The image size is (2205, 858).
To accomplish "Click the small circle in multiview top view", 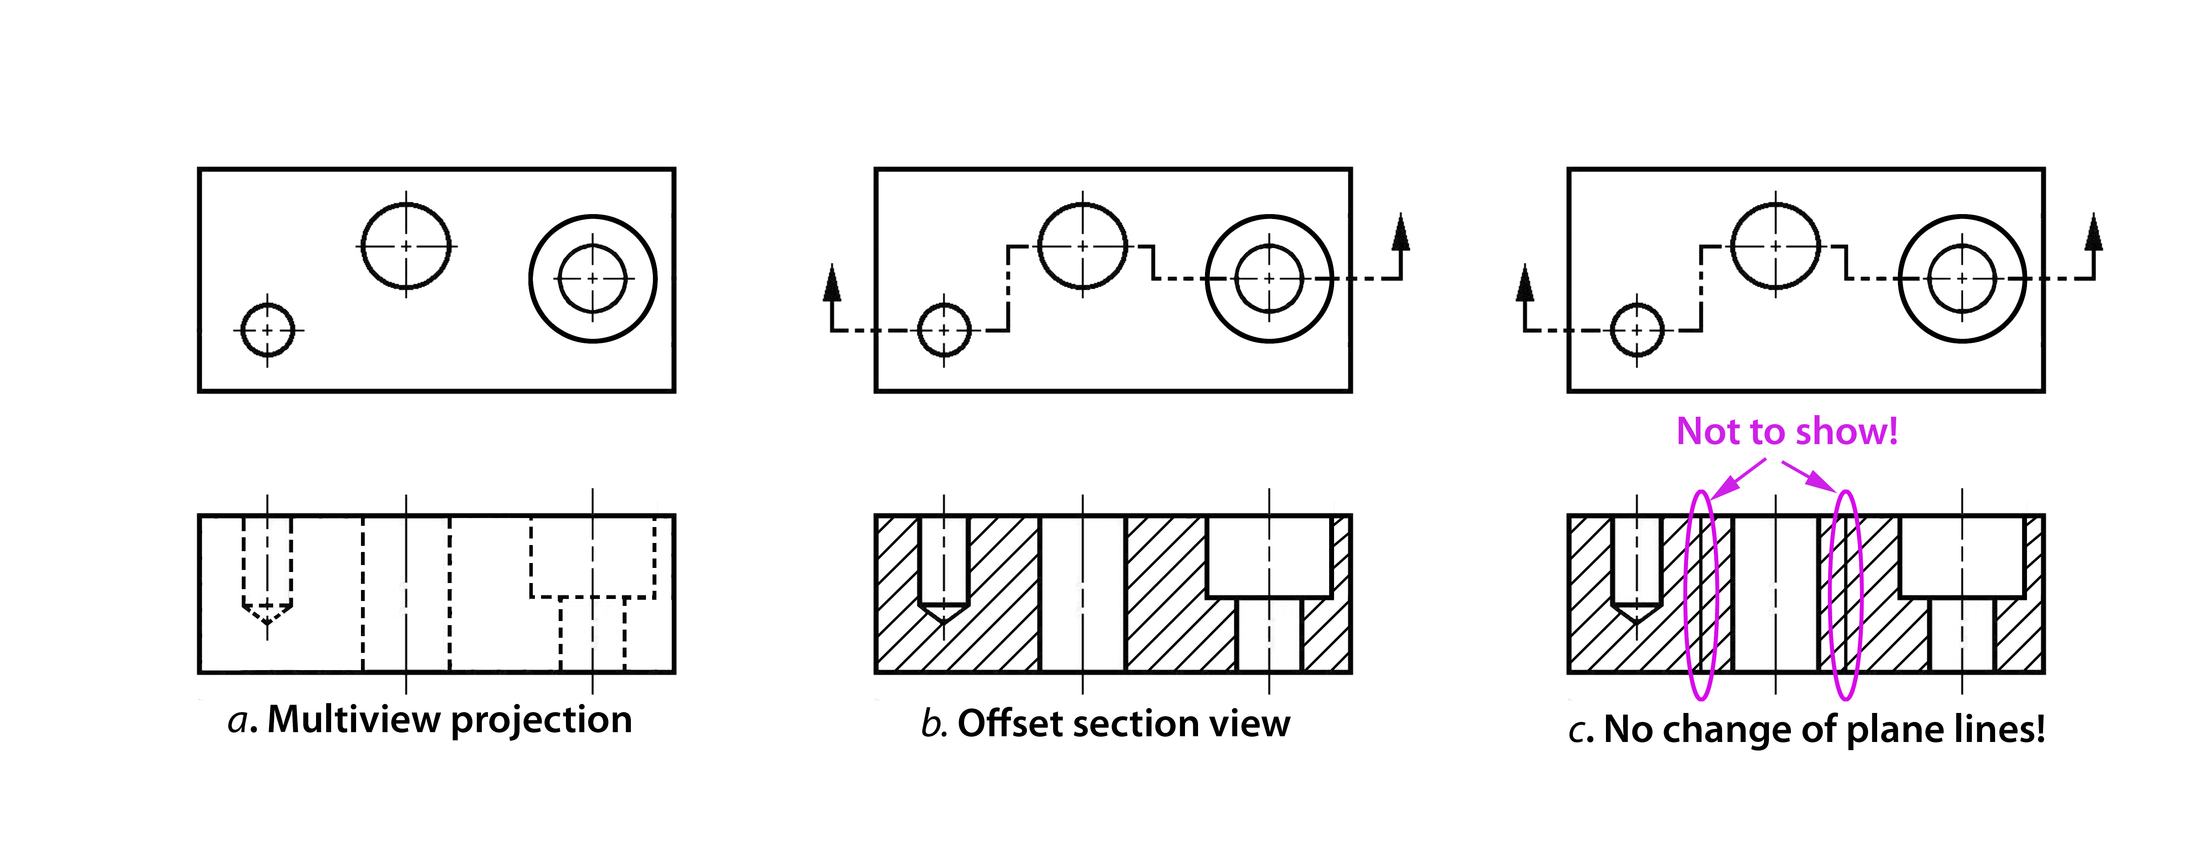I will pyautogui.click(x=268, y=330).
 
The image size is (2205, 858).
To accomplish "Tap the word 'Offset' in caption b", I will pyautogui.click(x=1009, y=724).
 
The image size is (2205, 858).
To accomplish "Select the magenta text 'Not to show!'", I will pyautogui.click(x=1787, y=431).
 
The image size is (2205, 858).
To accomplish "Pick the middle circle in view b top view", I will pyautogui.click(x=1083, y=246).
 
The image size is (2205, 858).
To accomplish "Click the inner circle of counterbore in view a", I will pyautogui.click(x=592, y=278).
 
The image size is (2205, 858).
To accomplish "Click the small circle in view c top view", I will pyautogui.click(x=1637, y=330).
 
